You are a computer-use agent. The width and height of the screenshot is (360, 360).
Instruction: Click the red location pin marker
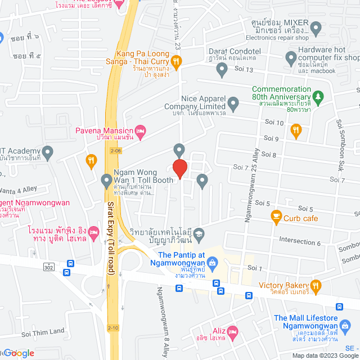coord(179,169)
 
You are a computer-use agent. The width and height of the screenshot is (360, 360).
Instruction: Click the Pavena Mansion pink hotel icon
coord(141,130)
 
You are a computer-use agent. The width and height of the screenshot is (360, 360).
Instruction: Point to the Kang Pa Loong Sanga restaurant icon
coord(176,61)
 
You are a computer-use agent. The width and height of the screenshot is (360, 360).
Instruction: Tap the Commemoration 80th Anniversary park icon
coord(318,97)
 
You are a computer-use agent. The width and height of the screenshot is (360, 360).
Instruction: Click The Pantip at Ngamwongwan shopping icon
coord(212,262)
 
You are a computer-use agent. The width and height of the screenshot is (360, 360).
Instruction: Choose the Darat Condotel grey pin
coord(222,70)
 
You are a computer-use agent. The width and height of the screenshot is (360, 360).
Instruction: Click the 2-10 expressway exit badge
coord(114,328)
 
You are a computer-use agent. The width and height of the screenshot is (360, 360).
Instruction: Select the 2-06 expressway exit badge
coord(116,151)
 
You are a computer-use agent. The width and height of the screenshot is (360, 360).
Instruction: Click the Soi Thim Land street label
coord(43,332)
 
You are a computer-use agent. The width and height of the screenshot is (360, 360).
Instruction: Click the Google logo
coord(19,353)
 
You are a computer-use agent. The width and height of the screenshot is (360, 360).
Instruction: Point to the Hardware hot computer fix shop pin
coord(291,57)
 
